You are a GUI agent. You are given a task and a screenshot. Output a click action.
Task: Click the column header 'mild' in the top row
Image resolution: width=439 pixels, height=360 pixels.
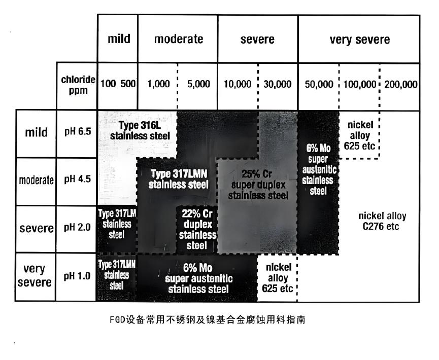tap(118, 39)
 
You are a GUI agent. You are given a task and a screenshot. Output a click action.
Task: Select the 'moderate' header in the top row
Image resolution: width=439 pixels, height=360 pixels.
tap(178, 39)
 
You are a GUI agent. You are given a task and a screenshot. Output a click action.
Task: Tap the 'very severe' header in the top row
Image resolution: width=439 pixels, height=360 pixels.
tap(359, 39)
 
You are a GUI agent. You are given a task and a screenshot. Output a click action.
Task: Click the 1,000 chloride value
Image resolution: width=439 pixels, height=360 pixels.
tap(158, 84)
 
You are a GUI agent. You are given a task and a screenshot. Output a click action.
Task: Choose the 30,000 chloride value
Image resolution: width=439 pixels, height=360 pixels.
tap(278, 84)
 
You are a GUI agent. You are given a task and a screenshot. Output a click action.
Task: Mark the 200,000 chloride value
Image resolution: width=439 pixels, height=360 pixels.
tap(401, 84)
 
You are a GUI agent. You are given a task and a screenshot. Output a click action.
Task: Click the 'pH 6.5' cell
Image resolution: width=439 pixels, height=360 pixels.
tap(77, 133)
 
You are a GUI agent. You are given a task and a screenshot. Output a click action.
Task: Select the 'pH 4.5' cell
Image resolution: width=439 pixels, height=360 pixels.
tap(77, 181)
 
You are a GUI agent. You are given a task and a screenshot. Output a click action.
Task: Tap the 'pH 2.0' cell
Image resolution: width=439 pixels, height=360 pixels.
tap(77, 228)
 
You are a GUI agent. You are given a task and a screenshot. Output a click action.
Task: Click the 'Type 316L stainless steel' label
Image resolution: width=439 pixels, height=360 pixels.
tap(141, 130)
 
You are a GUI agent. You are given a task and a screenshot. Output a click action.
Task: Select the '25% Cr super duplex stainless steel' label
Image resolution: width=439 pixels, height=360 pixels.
tap(258, 184)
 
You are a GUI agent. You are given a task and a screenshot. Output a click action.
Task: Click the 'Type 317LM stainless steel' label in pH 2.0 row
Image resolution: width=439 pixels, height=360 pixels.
tap(117, 224)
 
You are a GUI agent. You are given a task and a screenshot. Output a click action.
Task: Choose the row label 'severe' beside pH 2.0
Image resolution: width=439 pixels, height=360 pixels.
tap(37, 228)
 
